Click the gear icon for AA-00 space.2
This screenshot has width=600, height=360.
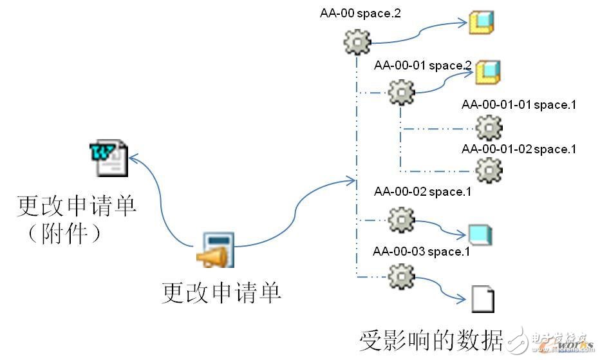[357, 43]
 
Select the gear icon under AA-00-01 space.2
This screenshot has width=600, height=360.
[402, 93]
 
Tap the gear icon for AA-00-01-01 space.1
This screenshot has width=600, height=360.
[489, 128]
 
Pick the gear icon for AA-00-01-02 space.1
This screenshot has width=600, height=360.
[489, 169]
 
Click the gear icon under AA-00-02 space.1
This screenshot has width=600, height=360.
[402, 220]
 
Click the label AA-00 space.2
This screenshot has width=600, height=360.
[361, 13]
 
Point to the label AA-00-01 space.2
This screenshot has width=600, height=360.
[423, 65]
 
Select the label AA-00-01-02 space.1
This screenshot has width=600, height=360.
[518, 149]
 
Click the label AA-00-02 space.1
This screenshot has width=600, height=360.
[422, 191]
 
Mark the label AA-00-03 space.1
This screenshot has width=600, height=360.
[421, 251]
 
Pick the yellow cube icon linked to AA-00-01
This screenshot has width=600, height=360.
[488, 71]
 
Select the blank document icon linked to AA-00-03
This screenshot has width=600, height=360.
[482, 298]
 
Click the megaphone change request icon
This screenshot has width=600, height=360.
[216, 250]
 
